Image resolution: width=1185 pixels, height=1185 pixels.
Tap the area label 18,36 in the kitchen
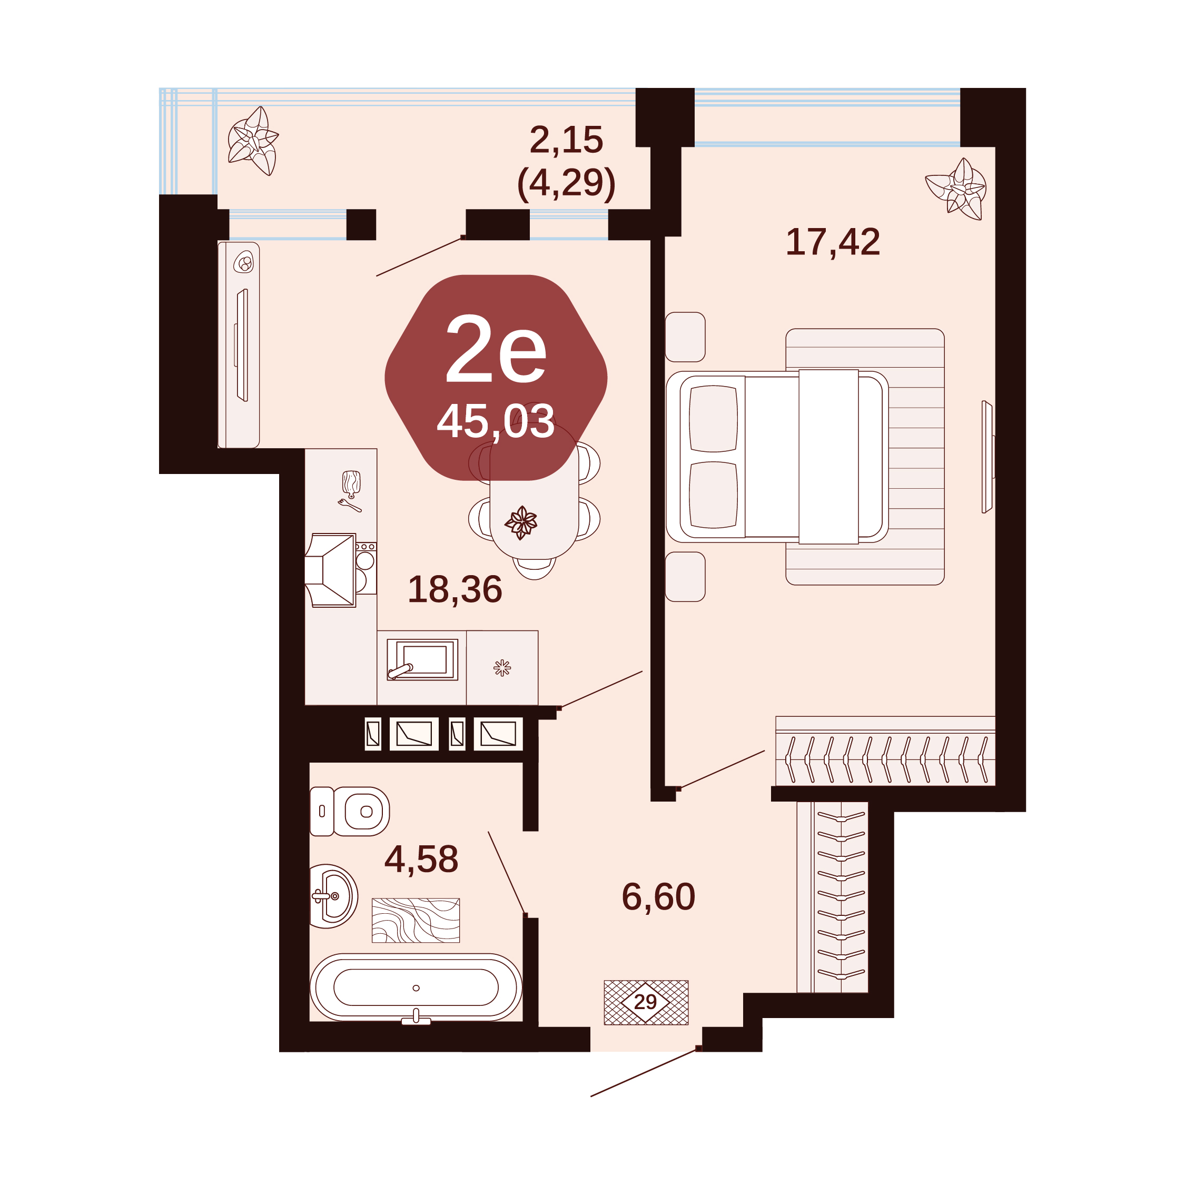(x=455, y=589)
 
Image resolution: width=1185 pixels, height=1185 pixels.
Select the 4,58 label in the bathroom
(x=421, y=860)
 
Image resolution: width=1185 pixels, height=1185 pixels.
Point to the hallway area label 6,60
(x=658, y=897)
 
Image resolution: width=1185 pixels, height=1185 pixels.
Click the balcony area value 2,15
(x=566, y=140)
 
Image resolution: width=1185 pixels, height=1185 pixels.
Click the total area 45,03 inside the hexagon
(x=496, y=422)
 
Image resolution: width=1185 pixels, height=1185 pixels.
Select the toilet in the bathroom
(x=349, y=812)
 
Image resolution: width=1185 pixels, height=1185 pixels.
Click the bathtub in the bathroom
(x=416, y=987)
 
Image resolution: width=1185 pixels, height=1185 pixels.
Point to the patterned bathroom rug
(x=416, y=921)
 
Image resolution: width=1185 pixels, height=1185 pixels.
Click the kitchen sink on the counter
(x=422, y=659)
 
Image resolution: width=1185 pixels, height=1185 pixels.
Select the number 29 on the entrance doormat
(x=645, y=1002)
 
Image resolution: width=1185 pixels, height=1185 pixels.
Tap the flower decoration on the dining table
(x=521, y=522)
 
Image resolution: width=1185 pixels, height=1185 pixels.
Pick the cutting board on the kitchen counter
(x=351, y=483)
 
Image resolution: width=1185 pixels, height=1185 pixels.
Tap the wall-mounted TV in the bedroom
(x=987, y=457)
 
